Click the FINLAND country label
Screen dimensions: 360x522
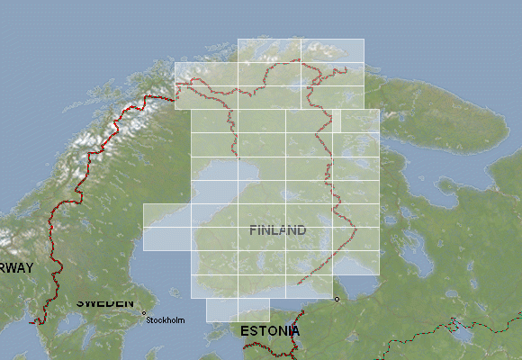[277, 230]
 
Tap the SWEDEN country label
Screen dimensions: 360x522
[104, 302]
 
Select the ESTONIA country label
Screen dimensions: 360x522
[270, 331]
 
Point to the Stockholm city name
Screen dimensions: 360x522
[166, 320]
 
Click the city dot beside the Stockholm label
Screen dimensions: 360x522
[144, 313]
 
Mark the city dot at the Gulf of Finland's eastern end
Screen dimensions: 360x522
[337, 299]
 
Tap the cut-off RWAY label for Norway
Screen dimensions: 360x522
[16, 268]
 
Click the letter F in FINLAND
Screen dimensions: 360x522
[253, 230]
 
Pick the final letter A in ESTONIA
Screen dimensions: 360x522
[294, 331]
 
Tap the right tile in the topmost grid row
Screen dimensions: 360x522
[332, 50]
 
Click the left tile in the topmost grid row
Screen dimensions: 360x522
[268, 50]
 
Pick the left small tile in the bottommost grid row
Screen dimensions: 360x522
[221, 310]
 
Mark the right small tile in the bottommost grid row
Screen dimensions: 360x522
[253, 310]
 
